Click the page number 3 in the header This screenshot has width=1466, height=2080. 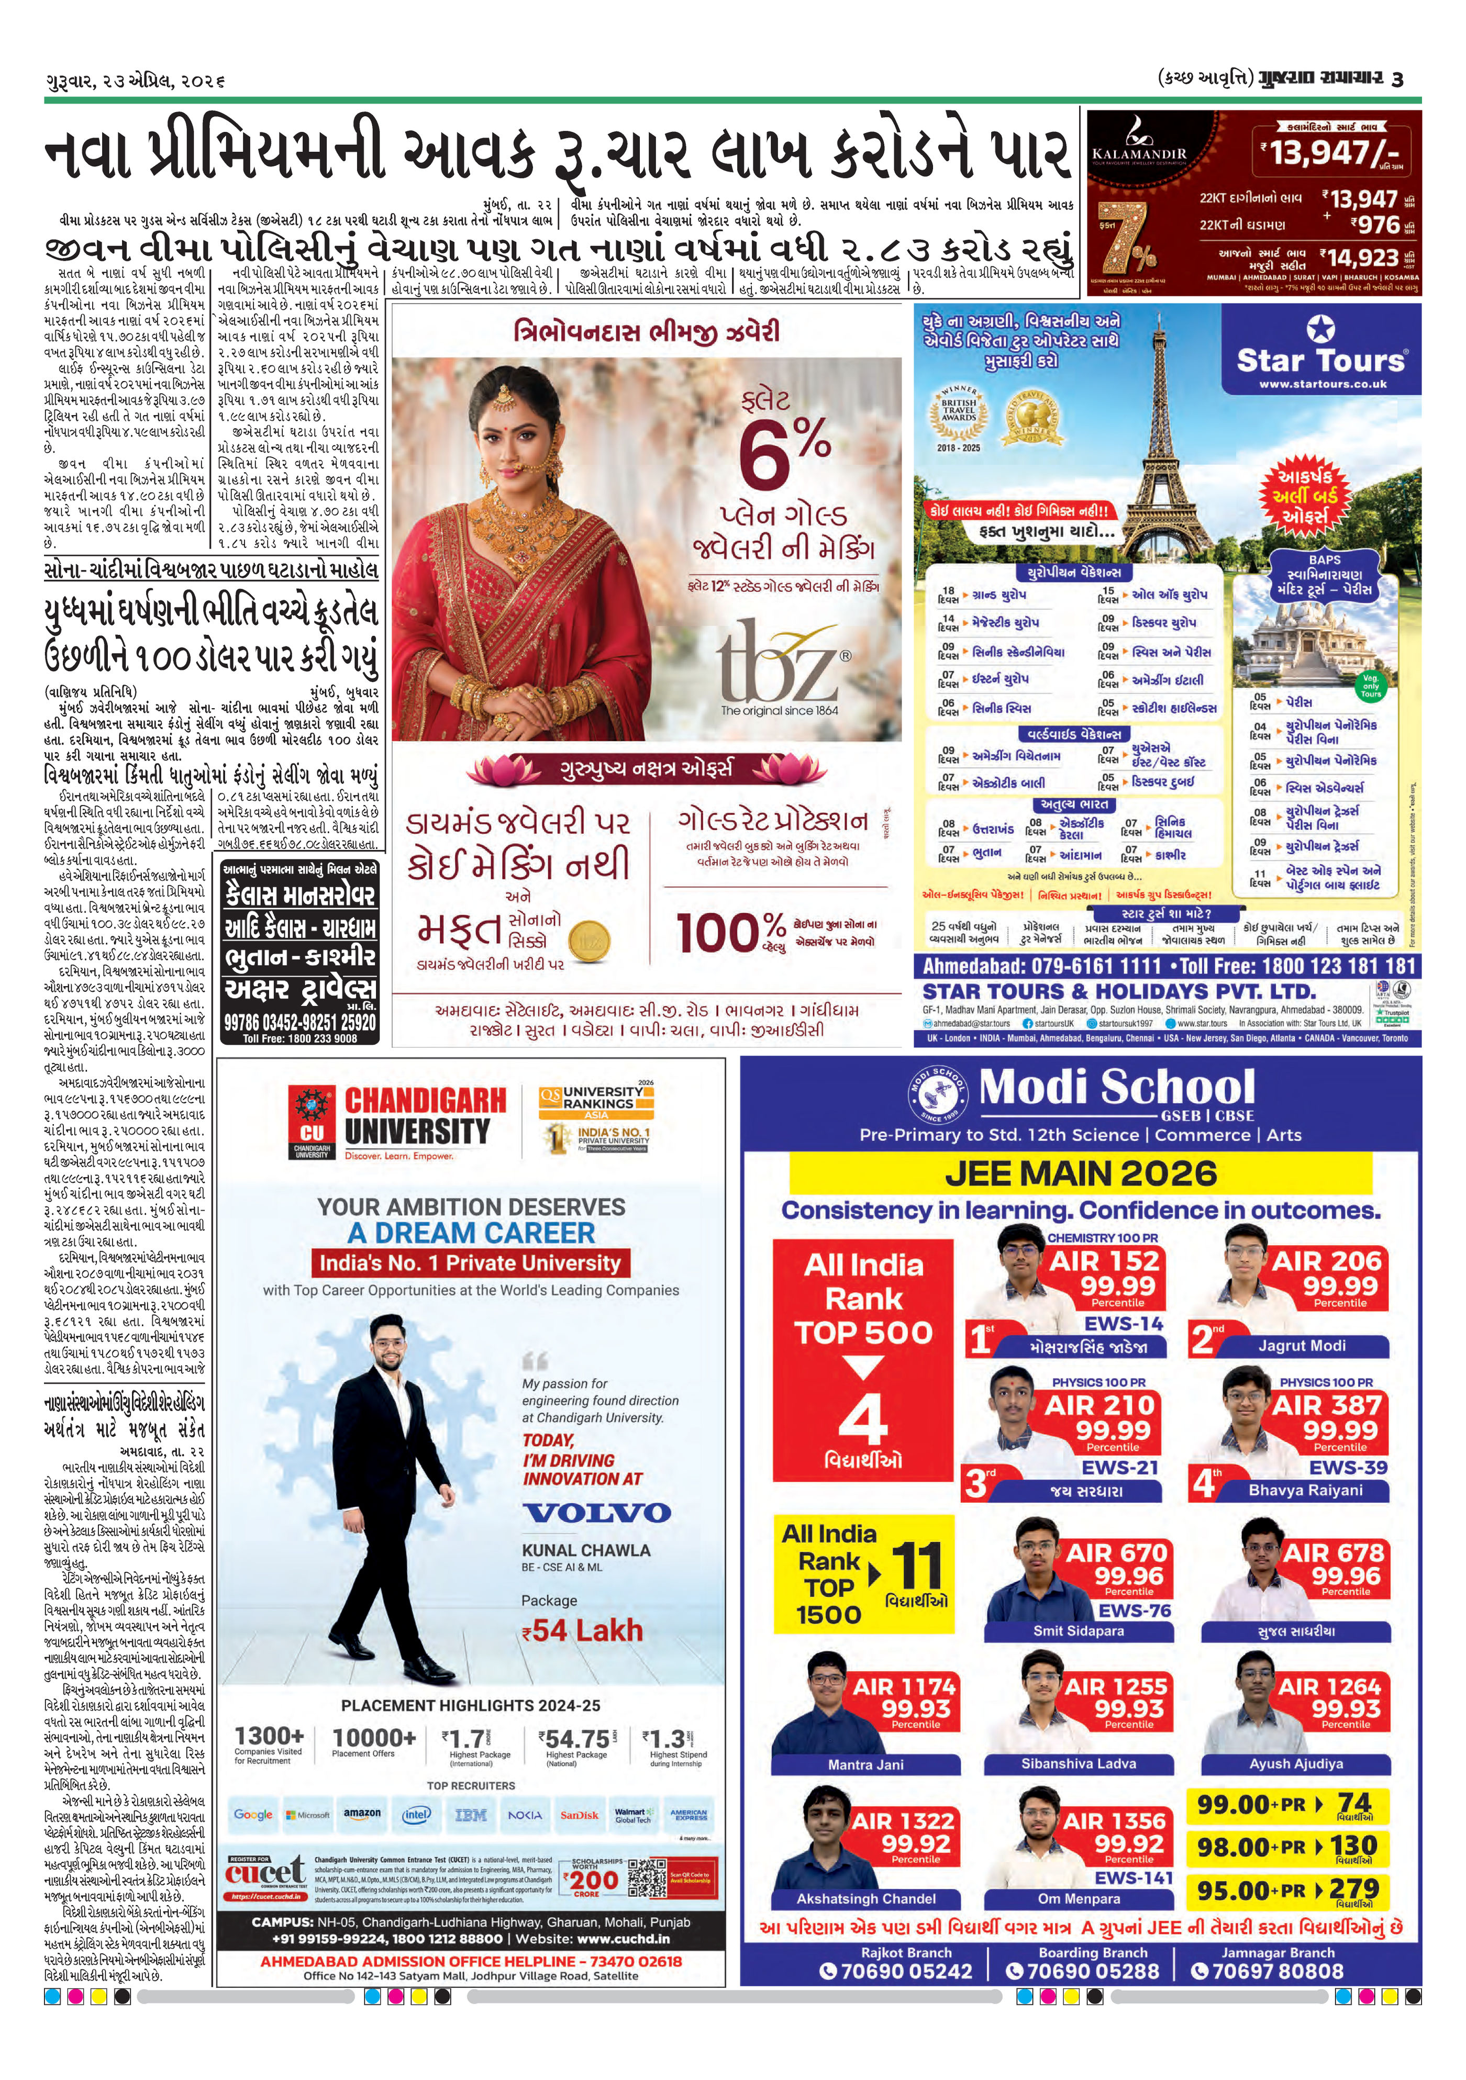[x=1397, y=79]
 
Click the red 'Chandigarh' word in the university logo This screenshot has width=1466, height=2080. [x=425, y=1101]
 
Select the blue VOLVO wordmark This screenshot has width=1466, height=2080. [x=596, y=1512]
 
